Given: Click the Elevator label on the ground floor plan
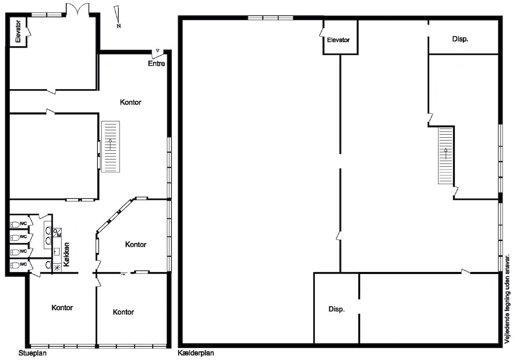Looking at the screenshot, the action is (18, 32).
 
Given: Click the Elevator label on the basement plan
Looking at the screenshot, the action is (339, 40).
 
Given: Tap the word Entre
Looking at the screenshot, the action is (156, 63).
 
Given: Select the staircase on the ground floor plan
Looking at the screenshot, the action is (110, 147).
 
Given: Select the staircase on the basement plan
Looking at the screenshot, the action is (446, 156).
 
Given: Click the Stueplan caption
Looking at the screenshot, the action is (33, 353).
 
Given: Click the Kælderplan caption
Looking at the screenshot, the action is (196, 353).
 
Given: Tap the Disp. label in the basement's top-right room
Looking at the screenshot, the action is (460, 39).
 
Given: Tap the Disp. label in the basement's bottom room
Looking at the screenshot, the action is (336, 309).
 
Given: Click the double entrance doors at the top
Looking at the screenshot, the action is (78, 10).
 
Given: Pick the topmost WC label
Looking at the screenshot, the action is (23, 224).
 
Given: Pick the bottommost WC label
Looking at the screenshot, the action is (23, 264).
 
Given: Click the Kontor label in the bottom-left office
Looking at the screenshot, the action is (62, 307).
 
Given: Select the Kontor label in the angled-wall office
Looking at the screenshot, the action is (136, 244).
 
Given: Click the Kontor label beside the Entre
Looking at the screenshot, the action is (130, 102).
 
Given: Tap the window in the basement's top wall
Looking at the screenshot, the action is (270, 18).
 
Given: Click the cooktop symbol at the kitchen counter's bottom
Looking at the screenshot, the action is (57, 268).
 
